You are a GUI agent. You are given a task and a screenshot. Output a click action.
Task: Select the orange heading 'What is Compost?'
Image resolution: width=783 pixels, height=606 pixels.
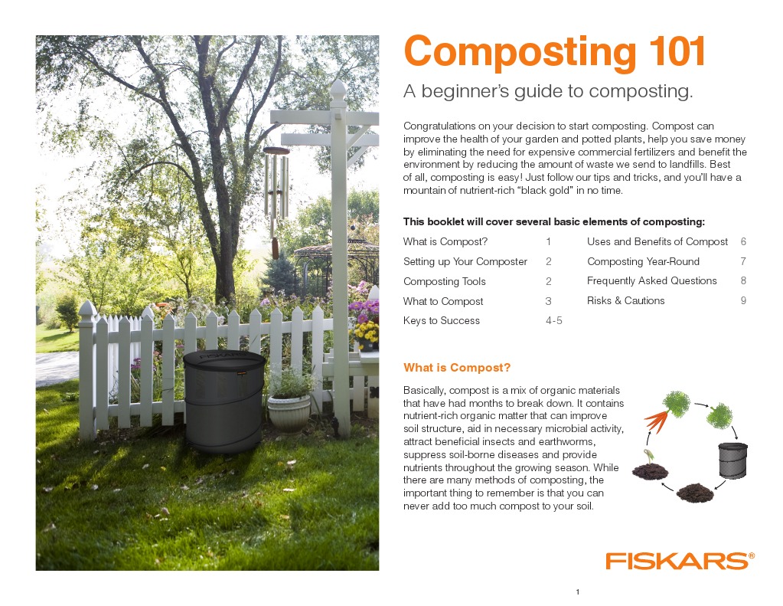point(456,368)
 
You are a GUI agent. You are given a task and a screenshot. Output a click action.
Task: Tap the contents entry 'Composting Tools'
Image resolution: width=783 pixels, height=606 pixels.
point(444,281)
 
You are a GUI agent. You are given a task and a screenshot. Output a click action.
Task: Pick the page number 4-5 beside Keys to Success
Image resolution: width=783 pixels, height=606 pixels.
point(553,321)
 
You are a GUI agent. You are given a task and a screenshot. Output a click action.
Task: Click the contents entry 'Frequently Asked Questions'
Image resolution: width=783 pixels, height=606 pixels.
point(651,281)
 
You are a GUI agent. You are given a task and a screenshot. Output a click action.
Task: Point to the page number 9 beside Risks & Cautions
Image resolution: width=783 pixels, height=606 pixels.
point(742,301)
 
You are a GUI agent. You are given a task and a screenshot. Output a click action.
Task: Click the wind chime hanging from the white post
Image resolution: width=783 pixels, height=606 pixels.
point(276,195)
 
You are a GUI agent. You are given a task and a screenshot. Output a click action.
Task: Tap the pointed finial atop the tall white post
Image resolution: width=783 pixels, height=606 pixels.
point(338,93)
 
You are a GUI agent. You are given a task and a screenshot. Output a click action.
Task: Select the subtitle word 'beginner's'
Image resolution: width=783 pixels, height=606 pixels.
point(473,92)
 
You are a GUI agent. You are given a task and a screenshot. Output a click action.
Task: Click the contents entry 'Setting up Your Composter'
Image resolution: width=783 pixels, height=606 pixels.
point(465,261)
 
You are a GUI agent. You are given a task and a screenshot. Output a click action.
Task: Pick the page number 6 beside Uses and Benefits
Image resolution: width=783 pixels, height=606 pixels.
point(742,241)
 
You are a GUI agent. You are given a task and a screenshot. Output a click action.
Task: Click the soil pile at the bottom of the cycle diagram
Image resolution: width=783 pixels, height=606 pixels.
point(694,492)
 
